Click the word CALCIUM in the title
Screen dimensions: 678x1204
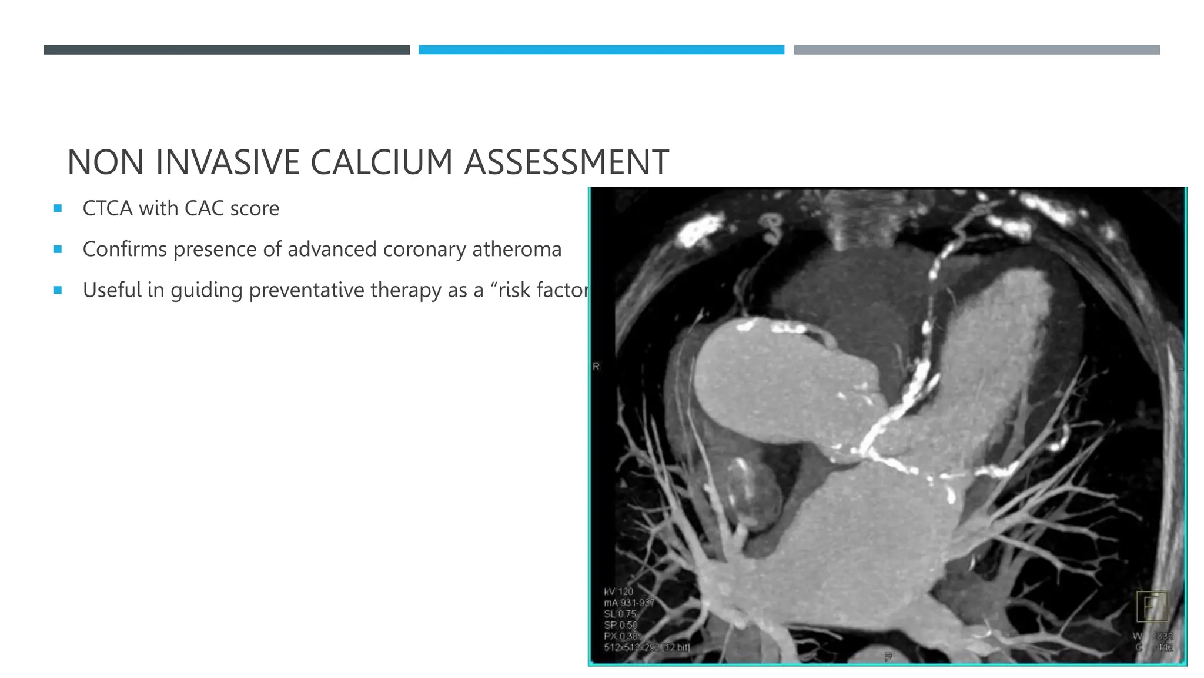coord(381,162)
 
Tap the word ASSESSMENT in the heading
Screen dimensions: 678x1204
coord(566,162)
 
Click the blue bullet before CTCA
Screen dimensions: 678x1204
coord(58,208)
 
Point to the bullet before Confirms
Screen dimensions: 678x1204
coord(58,249)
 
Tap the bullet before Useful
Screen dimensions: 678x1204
coord(58,290)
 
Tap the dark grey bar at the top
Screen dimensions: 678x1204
coord(226,50)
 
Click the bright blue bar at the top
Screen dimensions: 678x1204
coord(601,50)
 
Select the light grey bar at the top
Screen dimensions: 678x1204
coord(976,50)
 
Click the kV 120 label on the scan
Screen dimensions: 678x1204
coord(618,591)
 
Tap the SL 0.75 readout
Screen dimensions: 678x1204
coord(620,614)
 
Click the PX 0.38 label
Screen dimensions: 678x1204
coord(620,636)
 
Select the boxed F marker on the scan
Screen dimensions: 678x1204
coord(1151,607)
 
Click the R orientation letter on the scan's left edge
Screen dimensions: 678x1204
coord(596,367)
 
